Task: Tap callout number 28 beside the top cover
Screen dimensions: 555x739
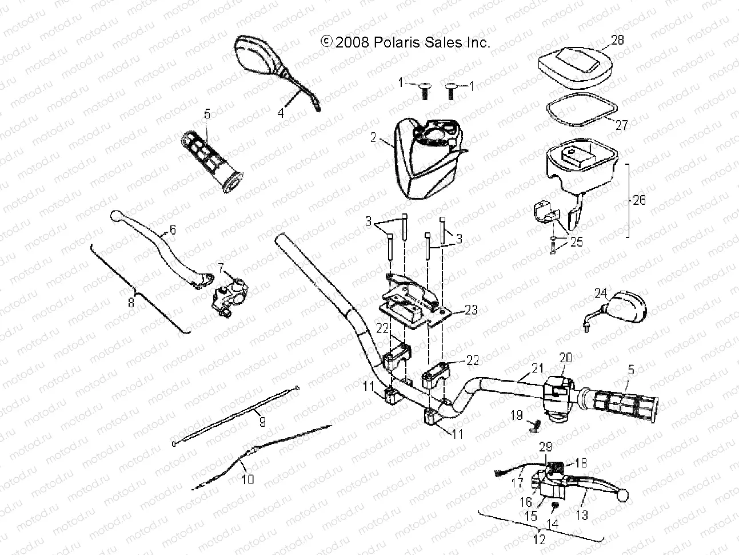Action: (601, 40)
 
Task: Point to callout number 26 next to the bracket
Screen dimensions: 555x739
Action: (640, 201)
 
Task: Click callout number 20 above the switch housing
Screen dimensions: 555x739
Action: (565, 357)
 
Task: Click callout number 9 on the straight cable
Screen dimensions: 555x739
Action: (262, 422)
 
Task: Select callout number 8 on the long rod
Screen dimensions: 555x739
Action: (131, 303)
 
